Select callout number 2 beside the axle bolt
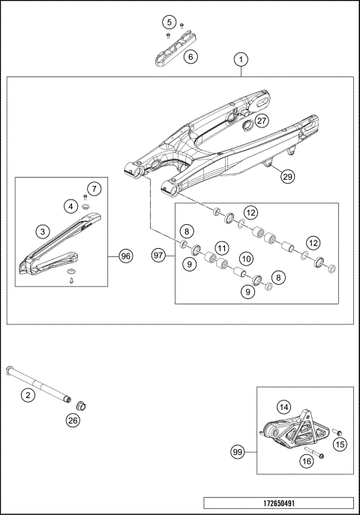(28, 394)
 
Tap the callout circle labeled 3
(44, 232)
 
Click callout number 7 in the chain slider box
(93, 188)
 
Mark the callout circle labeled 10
(244, 258)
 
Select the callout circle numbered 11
(221, 247)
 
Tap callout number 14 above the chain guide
(283, 407)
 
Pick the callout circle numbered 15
(340, 445)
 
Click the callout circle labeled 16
(306, 462)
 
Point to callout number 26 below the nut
(72, 421)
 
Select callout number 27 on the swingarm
(261, 120)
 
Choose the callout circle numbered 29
(287, 177)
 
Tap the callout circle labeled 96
(126, 256)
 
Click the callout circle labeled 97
(159, 256)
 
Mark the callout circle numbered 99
(238, 452)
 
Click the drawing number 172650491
(279, 504)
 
